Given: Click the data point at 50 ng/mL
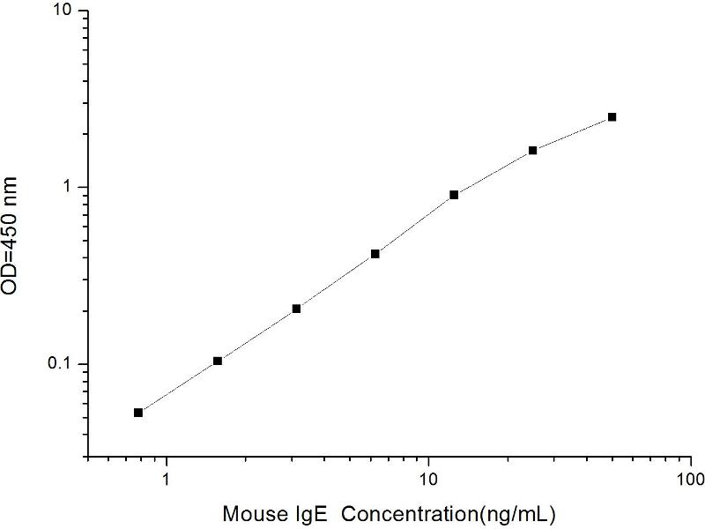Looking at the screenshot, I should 612,116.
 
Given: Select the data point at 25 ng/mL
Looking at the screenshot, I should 533,151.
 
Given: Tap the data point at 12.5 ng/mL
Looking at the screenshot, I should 454,195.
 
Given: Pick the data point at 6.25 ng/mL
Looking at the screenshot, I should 375,254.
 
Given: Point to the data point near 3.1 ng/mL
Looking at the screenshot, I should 296,309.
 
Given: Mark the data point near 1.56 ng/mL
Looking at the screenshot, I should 218,361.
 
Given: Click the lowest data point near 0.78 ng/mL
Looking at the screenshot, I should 138,413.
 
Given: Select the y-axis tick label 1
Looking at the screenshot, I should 72,188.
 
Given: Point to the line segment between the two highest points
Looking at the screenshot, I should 573,133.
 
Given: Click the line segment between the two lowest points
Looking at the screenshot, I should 178,387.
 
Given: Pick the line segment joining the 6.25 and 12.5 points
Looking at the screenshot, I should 414,225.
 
